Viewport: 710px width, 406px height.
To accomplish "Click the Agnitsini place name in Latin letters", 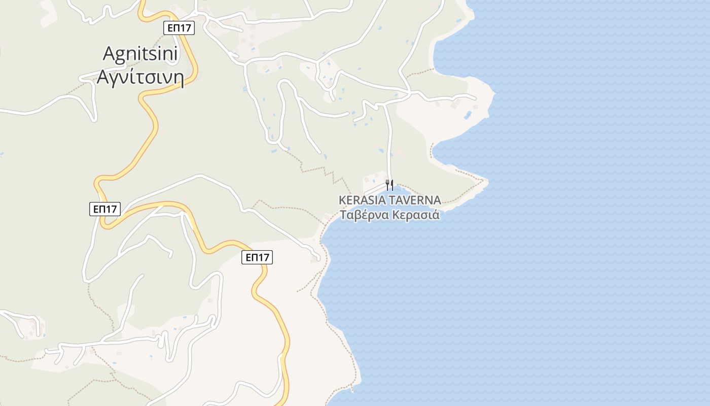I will pyautogui.click(x=140, y=53).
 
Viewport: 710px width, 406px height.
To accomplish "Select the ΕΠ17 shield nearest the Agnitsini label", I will pyautogui.click(x=180, y=28).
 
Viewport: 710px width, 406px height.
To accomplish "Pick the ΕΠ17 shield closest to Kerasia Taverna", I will pyautogui.click(x=257, y=257).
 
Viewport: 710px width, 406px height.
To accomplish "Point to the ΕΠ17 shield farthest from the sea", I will pyautogui.click(x=105, y=209).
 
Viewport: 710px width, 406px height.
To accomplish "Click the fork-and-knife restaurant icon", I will pyautogui.click(x=389, y=185).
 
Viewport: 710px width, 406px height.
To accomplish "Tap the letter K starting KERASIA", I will pyautogui.click(x=342, y=200).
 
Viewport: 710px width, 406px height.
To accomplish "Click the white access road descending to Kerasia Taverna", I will pyautogui.click(x=389, y=142).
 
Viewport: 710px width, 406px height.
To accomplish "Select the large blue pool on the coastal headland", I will pyautogui.click(x=468, y=115).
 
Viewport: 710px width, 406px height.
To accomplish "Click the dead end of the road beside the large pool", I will pyautogui.click(x=475, y=98).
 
